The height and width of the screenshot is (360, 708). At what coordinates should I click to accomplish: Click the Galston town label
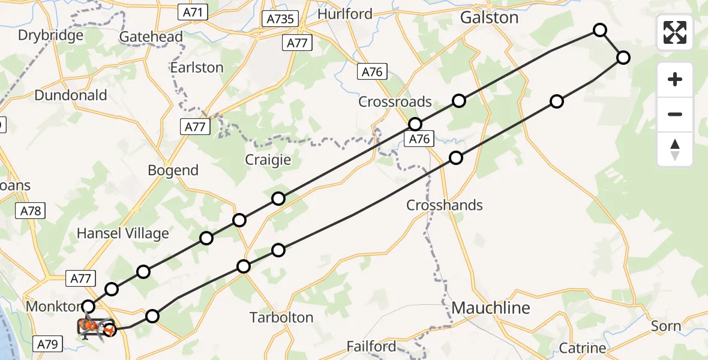click(489, 18)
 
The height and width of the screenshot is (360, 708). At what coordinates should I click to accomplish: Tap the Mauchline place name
click(491, 308)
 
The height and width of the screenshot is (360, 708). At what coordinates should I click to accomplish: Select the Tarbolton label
click(281, 317)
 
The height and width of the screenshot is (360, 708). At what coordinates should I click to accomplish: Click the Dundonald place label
click(71, 95)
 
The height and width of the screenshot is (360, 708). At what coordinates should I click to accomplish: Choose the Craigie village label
click(268, 160)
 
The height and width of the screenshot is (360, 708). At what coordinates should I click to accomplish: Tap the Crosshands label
click(445, 205)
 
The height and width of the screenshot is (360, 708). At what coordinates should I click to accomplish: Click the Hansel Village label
click(123, 233)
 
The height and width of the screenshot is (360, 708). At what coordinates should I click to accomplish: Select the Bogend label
click(173, 170)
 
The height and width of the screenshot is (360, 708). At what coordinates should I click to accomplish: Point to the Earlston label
click(197, 67)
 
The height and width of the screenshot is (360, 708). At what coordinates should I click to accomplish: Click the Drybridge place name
click(50, 35)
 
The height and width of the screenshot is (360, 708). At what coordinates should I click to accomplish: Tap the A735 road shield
click(280, 19)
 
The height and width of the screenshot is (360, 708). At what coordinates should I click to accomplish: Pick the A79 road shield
click(47, 344)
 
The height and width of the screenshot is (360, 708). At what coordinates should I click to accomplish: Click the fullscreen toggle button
click(675, 32)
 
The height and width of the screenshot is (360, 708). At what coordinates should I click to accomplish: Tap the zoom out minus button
click(675, 114)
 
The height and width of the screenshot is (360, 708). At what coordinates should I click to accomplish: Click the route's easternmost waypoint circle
click(623, 58)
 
